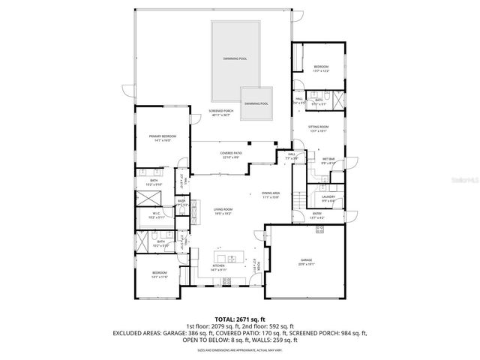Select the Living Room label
[223, 211]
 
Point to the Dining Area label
[270, 195]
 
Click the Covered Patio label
[230, 154]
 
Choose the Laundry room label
[328, 199]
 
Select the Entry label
[317, 216]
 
